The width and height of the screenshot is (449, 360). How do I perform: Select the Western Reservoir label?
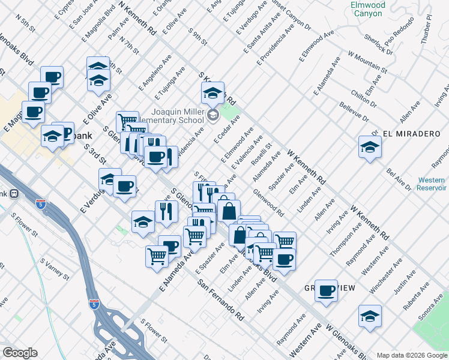coord(431,184)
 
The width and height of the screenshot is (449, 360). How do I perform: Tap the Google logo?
coord(20,353)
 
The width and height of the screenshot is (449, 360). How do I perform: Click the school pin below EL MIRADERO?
coord(370,147)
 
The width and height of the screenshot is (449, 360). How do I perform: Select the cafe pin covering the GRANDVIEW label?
coord(326,291)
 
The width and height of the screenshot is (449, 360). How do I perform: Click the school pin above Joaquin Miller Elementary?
coord(212,93)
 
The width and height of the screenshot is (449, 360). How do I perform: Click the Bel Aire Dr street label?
coord(399,179)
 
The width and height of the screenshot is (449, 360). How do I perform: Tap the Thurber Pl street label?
coord(427,27)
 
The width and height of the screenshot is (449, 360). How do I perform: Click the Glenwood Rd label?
coord(268,203)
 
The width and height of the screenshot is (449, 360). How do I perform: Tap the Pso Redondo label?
coord(397,40)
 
